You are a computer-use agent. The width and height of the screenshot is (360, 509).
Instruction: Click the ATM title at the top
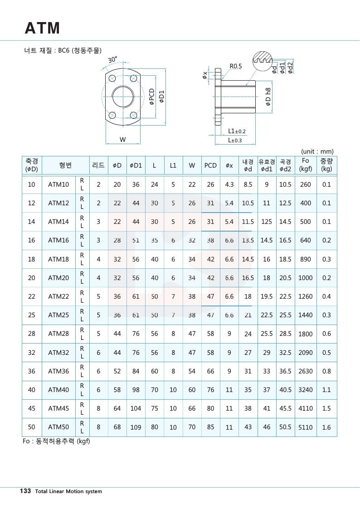42,28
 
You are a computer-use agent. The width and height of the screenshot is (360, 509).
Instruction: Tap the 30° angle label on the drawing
112,59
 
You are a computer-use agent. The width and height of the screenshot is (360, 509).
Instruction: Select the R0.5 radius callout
236,66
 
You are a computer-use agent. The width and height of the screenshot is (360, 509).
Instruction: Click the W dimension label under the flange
122,140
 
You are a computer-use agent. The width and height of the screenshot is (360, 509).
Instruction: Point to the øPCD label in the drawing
152,97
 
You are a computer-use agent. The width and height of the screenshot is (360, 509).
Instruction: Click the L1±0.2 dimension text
237,131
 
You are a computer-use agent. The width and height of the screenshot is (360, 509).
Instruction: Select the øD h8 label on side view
268,97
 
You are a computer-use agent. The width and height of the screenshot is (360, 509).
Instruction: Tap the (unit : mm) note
317,151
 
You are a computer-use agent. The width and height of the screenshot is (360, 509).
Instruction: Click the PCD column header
210,165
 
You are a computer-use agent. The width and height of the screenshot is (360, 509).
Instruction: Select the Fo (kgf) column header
305,165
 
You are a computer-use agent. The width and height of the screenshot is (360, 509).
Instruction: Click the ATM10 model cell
58,184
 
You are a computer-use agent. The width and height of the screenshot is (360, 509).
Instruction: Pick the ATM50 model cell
58,427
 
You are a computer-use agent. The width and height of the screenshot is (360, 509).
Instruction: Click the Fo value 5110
305,427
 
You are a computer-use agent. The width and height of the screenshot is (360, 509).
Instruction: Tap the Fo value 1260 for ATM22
305,296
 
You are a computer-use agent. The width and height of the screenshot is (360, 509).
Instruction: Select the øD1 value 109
136,427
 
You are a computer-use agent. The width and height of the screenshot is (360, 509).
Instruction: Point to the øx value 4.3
229,184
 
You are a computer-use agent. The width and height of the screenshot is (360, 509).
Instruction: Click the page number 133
25,491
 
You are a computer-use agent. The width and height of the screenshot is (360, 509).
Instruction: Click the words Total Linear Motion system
68,491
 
